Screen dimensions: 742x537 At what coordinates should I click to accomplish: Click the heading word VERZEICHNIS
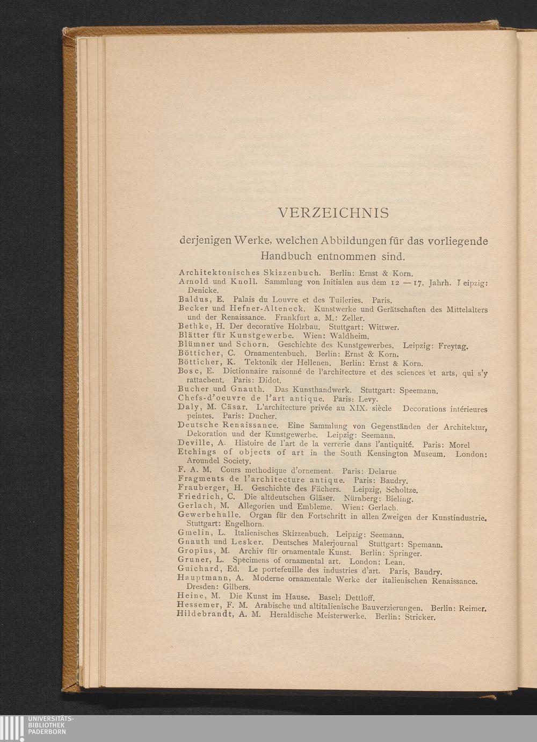click(x=333, y=213)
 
